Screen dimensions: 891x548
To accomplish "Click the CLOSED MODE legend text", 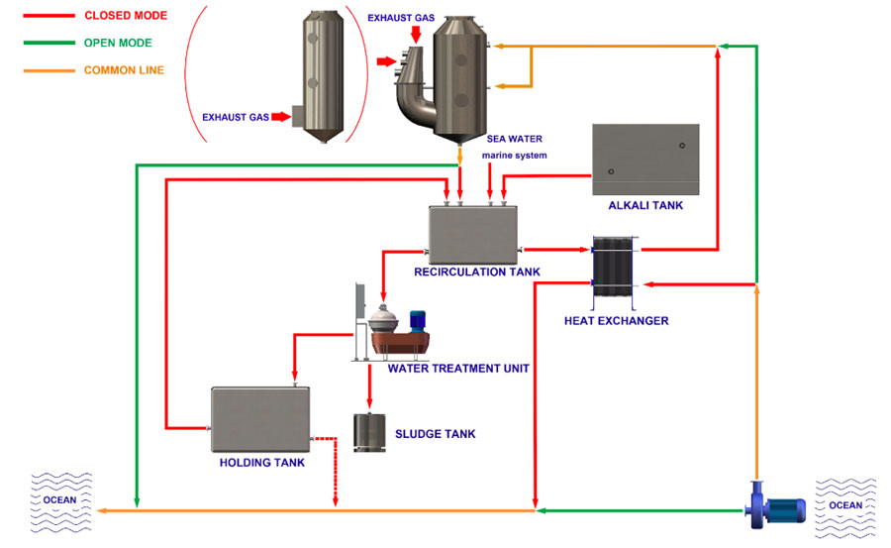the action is (126, 16).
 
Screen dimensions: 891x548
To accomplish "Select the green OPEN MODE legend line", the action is (49, 43).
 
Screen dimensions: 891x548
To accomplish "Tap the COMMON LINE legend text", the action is (124, 70).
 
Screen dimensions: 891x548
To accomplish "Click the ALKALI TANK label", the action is (645, 205).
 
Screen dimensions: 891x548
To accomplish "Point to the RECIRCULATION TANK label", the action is (477, 272).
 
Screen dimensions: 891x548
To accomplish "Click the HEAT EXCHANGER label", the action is (616, 321).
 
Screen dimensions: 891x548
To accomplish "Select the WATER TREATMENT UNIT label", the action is (458, 369).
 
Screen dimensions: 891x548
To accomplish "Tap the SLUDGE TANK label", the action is (436, 434).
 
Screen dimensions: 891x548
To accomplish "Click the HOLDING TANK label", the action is (262, 463).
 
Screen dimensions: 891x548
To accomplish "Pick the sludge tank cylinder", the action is (369, 432).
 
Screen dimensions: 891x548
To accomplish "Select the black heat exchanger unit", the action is (613, 267).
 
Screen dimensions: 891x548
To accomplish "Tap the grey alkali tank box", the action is (645, 160).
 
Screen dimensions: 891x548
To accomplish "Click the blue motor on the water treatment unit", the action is (418, 321).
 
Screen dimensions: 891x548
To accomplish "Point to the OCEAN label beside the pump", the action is (845, 505).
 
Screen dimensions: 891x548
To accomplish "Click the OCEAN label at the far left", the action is (59, 500).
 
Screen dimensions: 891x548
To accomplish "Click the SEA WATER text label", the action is (514, 139).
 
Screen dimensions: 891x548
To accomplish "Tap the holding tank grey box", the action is (260, 419).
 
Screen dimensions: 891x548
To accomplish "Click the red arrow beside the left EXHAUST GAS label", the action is (281, 117).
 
